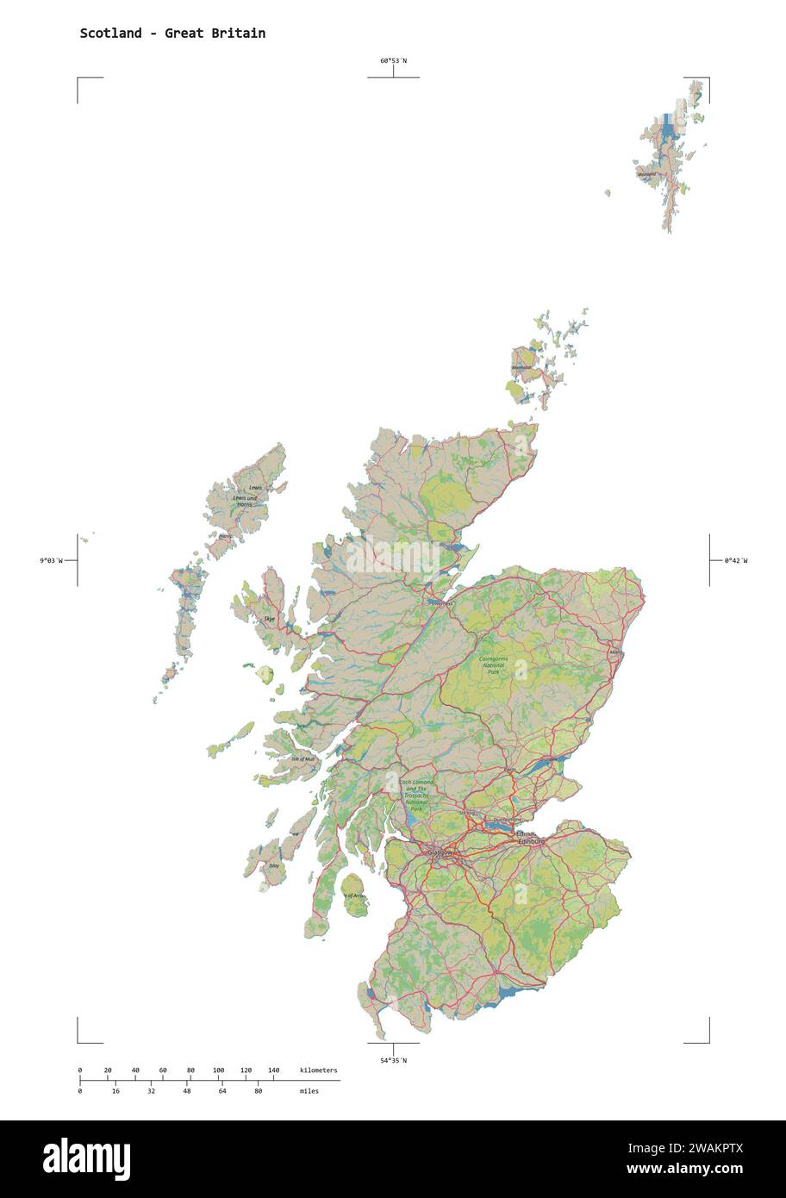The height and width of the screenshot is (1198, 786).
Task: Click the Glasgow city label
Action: [x=440, y=852]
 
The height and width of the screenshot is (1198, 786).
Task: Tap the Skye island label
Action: [x=270, y=619]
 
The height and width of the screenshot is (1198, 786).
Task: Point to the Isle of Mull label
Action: [x=303, y=758]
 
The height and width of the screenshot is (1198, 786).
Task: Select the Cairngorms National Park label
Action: [x=494, y=665]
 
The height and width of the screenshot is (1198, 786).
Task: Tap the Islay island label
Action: [x=274, y=864]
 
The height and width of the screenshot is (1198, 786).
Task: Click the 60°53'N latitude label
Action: [x=393, y=61]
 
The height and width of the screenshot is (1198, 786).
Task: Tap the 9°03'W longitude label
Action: [x=51, y=560]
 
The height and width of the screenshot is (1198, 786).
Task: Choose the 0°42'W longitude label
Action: [x=736, y=560]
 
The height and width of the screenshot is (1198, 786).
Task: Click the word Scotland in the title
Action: [x=111, y=34]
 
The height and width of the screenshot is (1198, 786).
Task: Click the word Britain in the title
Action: [x=242, y=34]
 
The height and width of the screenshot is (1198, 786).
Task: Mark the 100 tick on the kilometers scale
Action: [x=218, y=1070]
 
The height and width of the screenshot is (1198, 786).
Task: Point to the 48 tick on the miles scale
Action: [x=187, y=1091]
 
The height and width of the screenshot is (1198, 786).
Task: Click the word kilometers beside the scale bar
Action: [x=319, y=1070]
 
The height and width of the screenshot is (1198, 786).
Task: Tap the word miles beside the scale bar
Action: [x=309, y=1091]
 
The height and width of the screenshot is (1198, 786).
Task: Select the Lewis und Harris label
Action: [x=244, y=499]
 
